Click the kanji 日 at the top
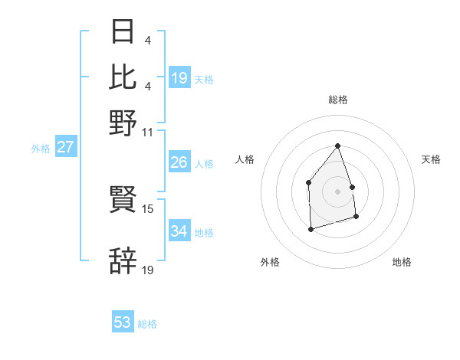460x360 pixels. tap(123, 32)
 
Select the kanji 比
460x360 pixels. tap(123, 77)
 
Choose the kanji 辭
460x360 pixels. tap(123, 261)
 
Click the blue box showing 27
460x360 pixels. tap(65, 147)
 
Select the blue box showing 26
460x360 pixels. tap(179, 162)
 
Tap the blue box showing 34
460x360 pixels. tap(179, 231)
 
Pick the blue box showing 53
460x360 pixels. tap(123, 322)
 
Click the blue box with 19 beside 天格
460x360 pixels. tap(179, 78)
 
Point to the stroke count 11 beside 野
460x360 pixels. tap(148, 132)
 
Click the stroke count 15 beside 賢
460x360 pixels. tap(148, 208)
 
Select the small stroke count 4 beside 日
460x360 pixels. tap(146, 41)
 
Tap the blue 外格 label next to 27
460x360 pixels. tap(41, 149)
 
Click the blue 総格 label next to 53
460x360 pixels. tap(148, 324)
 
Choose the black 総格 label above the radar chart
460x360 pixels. tap(338, 100)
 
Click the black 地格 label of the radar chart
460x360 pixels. tap(402, 262)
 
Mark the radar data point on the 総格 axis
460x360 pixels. tap(338, 146)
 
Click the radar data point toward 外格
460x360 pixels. tap(310, 229)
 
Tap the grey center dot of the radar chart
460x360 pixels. tap(338, 191)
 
